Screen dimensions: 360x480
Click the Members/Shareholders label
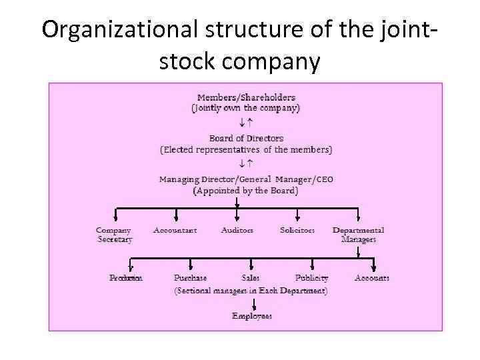[246, 97]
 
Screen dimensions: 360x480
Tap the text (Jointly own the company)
[246, 107]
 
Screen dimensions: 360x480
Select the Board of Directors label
[246, 139]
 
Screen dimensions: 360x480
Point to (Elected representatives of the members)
[246, 149]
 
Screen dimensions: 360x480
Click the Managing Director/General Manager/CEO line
[246, 179]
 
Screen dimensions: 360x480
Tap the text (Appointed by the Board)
[246, 190]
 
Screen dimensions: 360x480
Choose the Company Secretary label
[114, 235]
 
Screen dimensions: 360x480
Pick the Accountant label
[175, 230]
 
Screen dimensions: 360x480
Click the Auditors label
[237, 230]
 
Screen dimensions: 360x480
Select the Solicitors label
[297, 230]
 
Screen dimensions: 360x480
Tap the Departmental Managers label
[359, 235]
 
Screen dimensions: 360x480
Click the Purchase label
[191, 278]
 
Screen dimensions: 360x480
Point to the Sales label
[251, 278]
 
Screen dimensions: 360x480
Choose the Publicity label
[312, 278]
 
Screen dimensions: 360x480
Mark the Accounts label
[372, 278]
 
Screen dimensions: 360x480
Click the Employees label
[252, 316]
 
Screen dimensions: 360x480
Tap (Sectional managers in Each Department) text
[251, 291]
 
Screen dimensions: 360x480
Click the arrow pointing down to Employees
[252, 303]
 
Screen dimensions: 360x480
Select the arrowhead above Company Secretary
[116, 217]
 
